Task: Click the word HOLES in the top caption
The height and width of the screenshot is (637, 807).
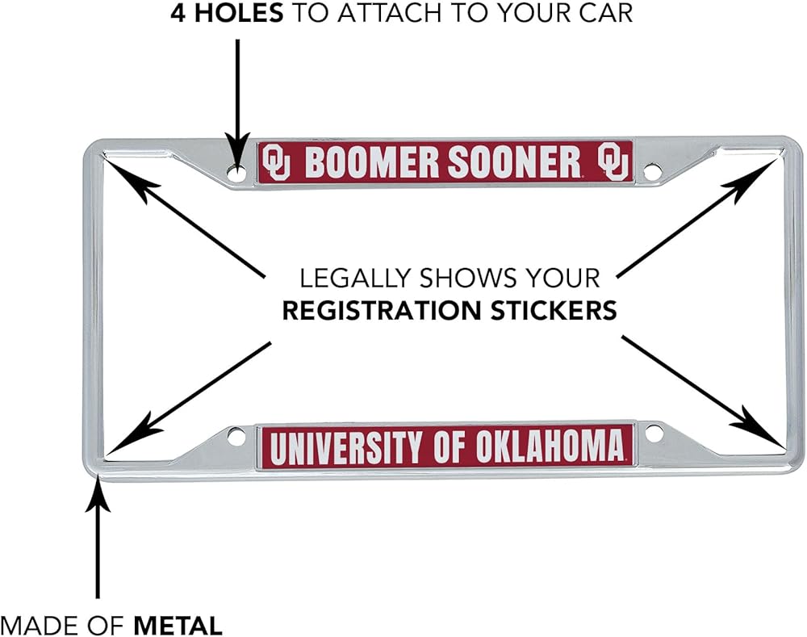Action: tap(238, 13)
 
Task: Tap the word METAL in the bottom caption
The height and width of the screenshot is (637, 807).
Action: tap(178, 626)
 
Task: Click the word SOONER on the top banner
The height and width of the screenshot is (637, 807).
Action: tap(514, 161)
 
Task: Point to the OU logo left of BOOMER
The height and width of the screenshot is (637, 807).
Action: tap(276, 161)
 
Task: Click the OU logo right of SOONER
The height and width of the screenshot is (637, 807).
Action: tap(613, 161)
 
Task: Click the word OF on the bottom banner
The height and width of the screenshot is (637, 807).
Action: tap(449, 446)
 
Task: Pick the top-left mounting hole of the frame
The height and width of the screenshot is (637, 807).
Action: tap(236, 173)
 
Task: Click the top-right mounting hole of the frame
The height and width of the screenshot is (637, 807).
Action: tap(651, 171)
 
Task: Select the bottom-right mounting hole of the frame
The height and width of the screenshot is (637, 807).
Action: tap(654, 434)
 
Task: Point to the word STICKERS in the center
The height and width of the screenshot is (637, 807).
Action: tap(554, 311)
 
